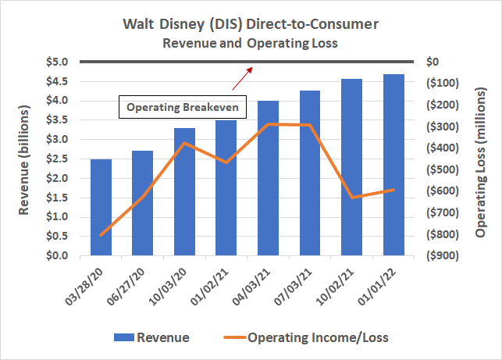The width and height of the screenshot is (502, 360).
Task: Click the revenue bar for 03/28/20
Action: coord(101,207)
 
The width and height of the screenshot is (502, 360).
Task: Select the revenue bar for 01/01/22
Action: coord(393,165)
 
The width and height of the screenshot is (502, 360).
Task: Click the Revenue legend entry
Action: coord(151,337)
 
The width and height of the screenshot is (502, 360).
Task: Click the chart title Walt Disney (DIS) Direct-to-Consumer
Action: coord(250,24)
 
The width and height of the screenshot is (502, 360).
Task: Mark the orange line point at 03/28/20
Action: coord(101,235)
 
